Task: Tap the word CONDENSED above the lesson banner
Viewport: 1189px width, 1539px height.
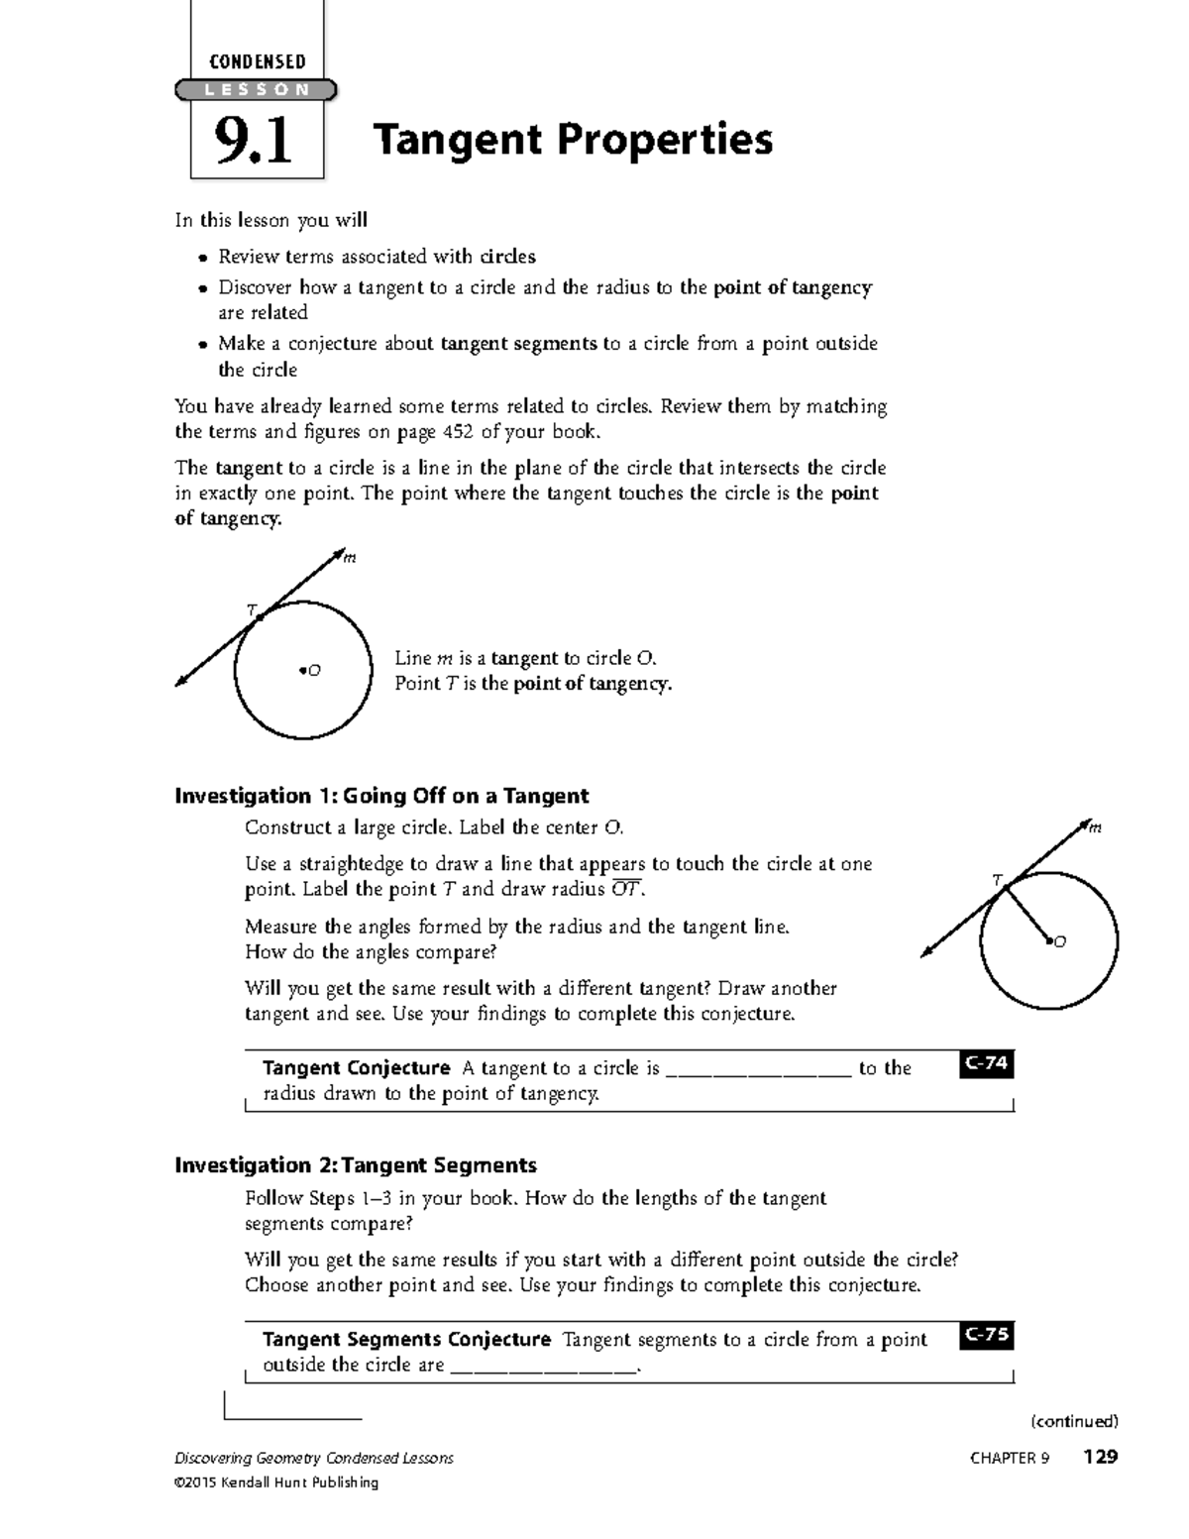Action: click(257, 61)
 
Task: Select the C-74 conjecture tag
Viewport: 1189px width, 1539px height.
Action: click(986, 1064)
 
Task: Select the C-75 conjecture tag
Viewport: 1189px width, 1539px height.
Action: click(986, 1335)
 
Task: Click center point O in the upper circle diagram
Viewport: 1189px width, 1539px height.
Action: click(301, 671)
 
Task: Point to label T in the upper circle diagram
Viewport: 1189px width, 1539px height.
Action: click(252, 607)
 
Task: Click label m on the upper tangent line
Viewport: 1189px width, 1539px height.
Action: click(349, 558)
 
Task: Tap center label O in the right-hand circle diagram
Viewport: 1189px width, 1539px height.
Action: click(1059, 941)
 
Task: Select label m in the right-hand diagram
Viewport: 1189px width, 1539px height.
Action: click(1095, 828)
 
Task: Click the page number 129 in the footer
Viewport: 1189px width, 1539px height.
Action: click(1100, 1457)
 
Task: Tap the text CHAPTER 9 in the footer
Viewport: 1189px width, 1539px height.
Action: click(1009, 1458)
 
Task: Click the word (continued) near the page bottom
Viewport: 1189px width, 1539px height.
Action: click(1074, 1422)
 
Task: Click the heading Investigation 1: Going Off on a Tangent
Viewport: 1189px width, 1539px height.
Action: click(381, 796)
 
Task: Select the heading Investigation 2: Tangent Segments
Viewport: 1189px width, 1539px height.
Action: click(356, 1164)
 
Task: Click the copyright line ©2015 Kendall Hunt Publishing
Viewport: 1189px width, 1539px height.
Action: click(276, 1483)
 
